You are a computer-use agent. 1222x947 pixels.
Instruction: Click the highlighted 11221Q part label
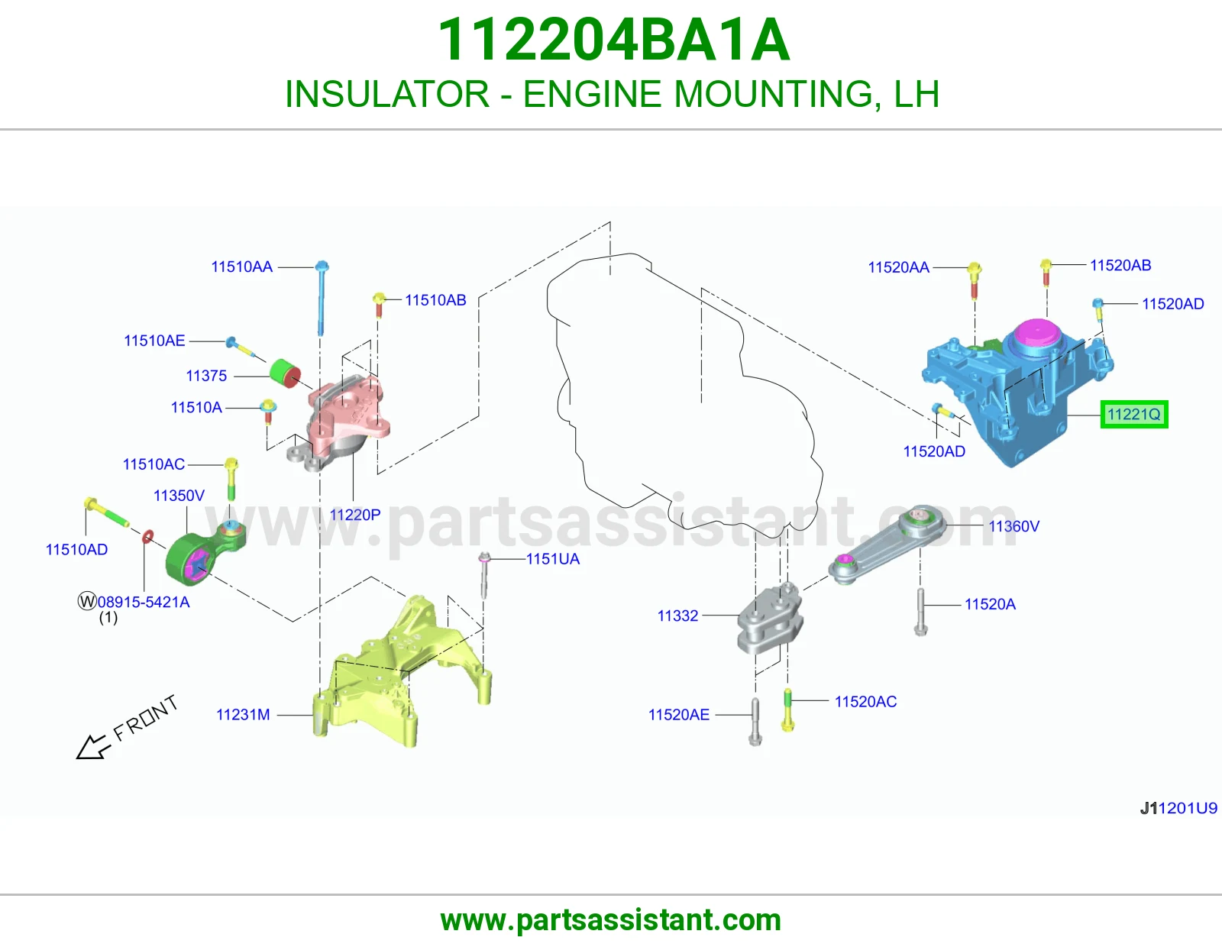point(1133,415)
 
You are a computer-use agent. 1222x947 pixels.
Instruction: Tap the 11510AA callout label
point(242,267)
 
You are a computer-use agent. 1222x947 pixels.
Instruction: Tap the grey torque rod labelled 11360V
point(887,545)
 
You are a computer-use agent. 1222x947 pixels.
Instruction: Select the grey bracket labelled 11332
point(770,618)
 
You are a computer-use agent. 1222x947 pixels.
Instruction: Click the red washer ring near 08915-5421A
point(147,537)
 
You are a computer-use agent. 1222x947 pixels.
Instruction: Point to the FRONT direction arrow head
point(91,748)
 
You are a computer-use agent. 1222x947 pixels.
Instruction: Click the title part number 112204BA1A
point(613,40)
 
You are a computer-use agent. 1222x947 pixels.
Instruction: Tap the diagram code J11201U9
point(1178,808)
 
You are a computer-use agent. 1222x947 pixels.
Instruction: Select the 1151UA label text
point(553,558)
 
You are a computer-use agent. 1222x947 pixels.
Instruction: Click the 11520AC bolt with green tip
point(788,709)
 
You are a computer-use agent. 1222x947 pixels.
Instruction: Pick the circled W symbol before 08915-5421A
point(87,601)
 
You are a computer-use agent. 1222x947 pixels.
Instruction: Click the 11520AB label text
point(1120,265)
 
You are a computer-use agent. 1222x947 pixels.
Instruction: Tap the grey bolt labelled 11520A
point(920,612)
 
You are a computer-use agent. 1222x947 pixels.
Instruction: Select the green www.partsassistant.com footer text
point(611,920)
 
